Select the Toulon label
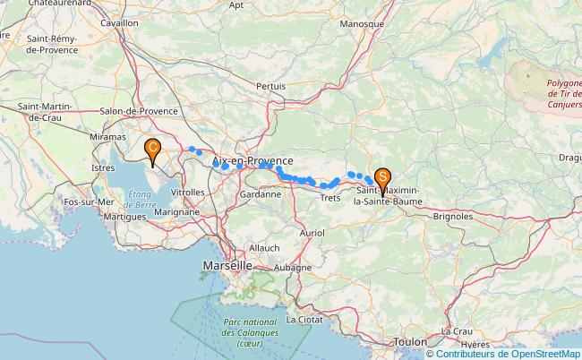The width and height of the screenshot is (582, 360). point(409,341)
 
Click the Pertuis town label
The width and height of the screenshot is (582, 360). point(270,86)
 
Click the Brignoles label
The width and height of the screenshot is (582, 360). point(452,216)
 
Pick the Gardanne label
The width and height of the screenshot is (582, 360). point(261,193)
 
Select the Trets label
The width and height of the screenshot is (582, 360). point(330,197)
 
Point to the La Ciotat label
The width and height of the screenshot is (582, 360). point(304,319)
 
